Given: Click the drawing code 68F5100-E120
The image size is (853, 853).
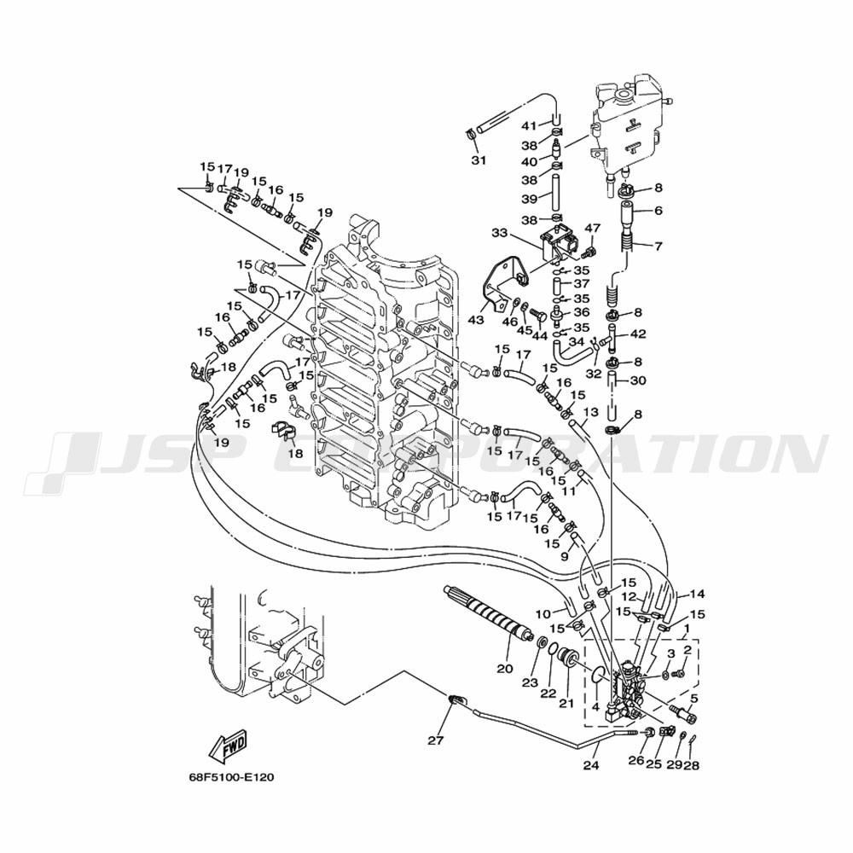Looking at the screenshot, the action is [228, 777].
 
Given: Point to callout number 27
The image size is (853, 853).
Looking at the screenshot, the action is [436, 740].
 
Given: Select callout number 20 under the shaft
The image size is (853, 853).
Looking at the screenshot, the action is [505, 668].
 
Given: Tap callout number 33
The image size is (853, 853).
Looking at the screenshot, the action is [499, 234].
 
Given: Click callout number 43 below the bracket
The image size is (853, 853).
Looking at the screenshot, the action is [476, 320].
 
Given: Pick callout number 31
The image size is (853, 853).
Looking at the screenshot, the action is [479, 160].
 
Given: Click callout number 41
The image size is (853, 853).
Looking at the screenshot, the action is [529, 125].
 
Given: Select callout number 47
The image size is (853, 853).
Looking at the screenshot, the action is [593, 228].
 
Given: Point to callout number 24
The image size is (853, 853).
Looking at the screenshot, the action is [591, 765].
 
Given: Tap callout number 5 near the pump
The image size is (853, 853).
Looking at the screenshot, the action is [693, 698].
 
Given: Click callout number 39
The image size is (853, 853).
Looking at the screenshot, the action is [530, 199].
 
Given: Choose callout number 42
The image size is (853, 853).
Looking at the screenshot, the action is [637, 334].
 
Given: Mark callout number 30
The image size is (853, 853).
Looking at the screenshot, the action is [637, 380].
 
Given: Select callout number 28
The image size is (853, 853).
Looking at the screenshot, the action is [692, 765].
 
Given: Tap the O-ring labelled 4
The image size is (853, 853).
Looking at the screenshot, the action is [599, 675].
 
